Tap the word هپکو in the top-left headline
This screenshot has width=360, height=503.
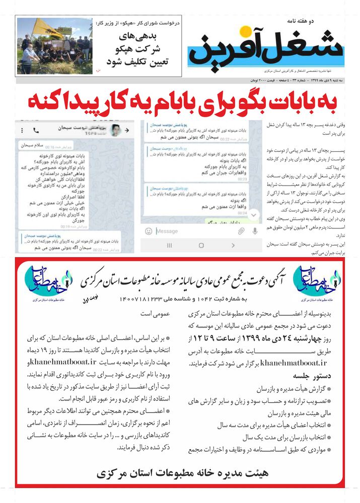point(154,23)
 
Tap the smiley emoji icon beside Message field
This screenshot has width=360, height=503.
point(149,231)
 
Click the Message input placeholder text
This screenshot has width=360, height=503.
point(167,231)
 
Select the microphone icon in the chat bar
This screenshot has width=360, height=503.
point(255,231)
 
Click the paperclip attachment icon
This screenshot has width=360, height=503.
point(241,231)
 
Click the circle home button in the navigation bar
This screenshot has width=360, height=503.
point(201,245)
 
